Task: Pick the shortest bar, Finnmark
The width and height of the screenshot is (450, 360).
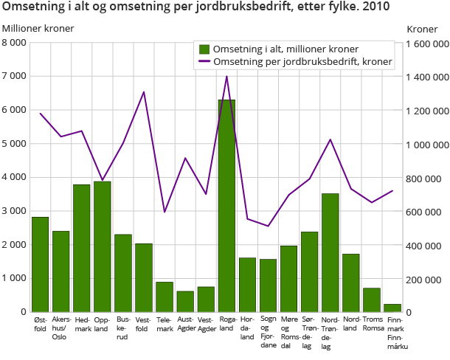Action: [392, 308]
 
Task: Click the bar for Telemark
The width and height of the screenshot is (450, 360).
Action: [164, 297]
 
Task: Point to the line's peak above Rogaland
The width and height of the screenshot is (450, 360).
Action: [226, 76]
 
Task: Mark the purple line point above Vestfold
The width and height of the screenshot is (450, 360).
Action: [144, 92]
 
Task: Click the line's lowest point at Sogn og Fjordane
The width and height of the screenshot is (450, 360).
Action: [268, 226]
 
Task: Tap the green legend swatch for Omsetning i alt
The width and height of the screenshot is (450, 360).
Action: [204, 49]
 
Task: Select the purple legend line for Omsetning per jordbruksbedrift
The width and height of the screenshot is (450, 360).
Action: [204, 62]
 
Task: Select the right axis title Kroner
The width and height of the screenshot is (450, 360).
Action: [422, 28]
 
